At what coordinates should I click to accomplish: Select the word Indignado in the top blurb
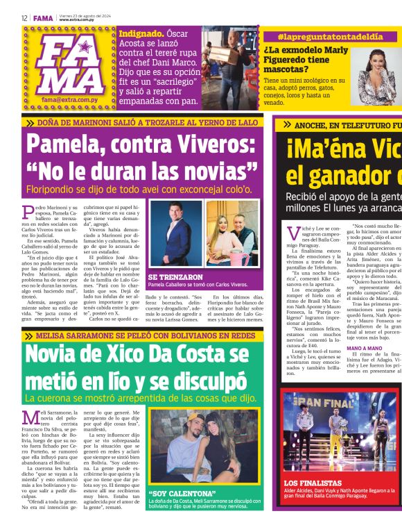pyautogui.click(x=141, y=33)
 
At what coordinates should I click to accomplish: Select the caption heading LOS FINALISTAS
pyautogui.click(x=312, y=501)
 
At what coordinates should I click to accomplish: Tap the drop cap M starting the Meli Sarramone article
pyautogui.click(x=29, y=417)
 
